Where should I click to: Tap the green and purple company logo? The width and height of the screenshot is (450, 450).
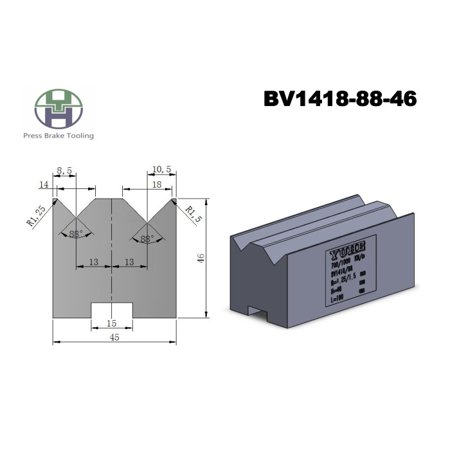[x=59, y=108]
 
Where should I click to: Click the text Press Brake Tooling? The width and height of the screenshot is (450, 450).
[x=59, y=136]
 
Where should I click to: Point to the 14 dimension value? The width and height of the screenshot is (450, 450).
[x=44, y=184]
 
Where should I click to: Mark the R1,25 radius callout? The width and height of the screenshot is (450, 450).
[x=35, y=216]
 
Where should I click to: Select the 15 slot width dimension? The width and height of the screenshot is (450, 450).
[x=113, y=324]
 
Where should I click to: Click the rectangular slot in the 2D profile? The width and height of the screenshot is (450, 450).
[x=113, y=310]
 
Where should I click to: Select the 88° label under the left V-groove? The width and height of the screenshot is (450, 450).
[x=76, y=234]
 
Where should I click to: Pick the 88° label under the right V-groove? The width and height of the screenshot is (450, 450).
[x=147, y=239]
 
